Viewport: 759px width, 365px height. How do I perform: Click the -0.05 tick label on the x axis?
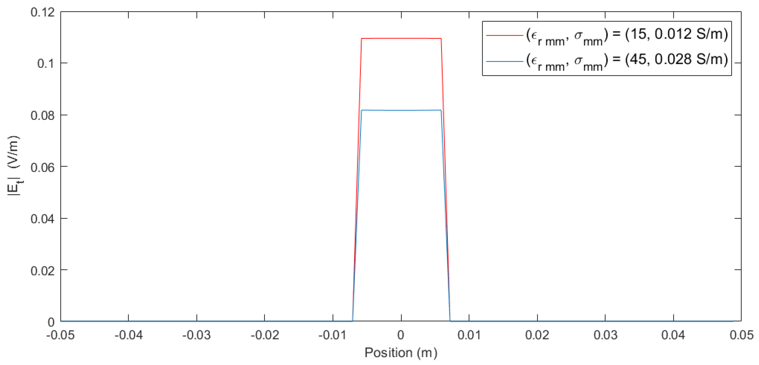(x=60, y=335)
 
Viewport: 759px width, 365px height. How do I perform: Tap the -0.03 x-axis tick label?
(x=197, y=335)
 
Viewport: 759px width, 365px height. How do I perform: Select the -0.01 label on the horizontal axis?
(x=333, y=335)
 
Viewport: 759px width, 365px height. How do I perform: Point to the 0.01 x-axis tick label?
(x=469, y=335)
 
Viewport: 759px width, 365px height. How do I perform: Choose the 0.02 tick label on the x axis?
(x=537, y=335)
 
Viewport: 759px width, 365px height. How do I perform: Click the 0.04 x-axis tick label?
(x=673, y=335)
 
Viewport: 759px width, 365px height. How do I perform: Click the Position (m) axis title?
(x=401, y=353)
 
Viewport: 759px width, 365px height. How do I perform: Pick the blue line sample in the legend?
(x=504, y=61)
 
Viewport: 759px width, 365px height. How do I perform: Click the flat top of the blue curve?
(x=401, y=110)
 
